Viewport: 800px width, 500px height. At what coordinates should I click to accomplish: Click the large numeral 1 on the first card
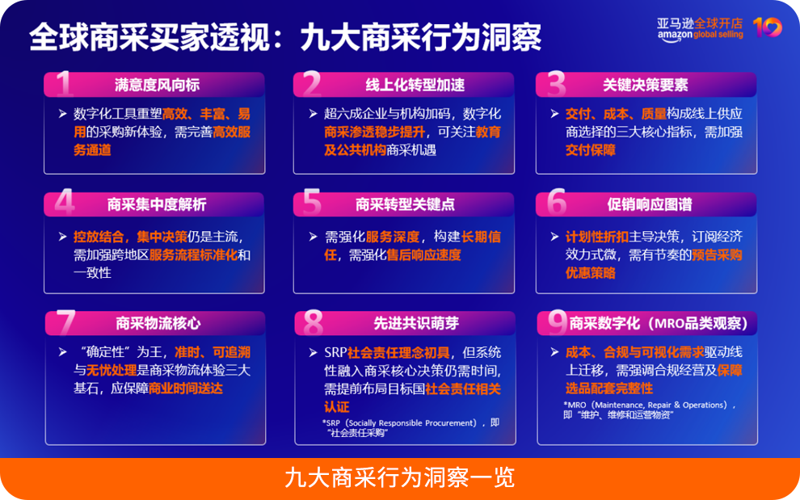pos(65,84)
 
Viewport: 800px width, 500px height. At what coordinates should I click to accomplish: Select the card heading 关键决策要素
pos(646,85)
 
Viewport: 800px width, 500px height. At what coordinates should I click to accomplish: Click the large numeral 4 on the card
pos(65,204)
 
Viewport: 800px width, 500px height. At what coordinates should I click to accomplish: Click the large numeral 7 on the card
pos(65,323)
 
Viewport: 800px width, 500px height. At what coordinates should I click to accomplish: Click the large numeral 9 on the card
pos(557,323)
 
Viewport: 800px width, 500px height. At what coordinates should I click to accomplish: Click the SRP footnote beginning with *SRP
pos(411,427)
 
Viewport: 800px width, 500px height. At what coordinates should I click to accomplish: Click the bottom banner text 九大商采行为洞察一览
pos(399,478)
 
